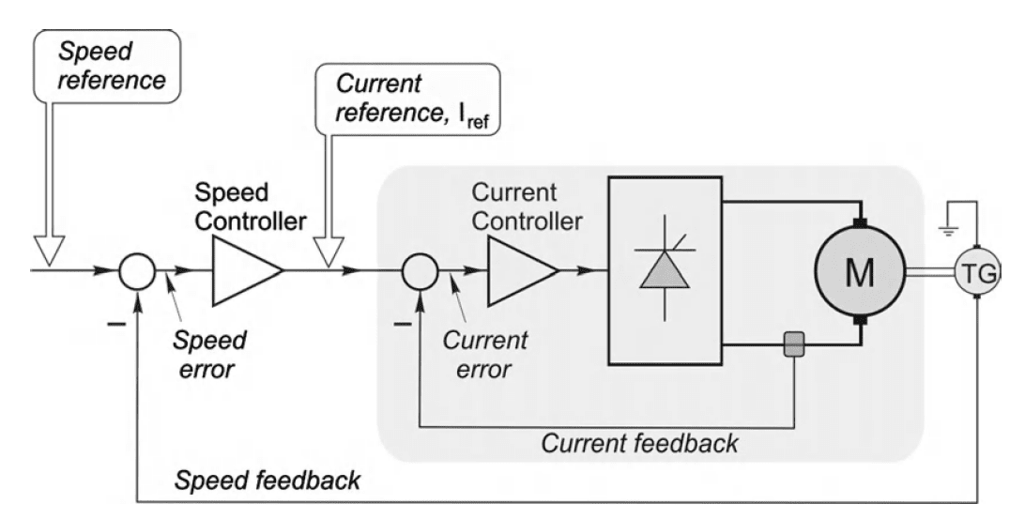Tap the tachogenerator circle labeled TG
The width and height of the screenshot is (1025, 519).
(977, 272)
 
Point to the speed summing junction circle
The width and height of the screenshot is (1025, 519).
(138, 272)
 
